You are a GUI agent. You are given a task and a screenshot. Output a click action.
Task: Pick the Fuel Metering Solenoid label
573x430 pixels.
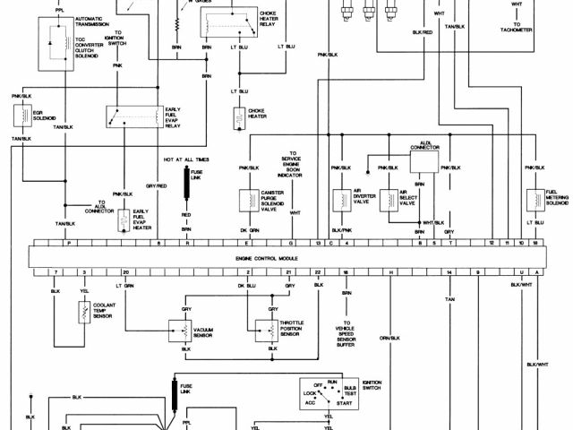(x=558, y=199)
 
